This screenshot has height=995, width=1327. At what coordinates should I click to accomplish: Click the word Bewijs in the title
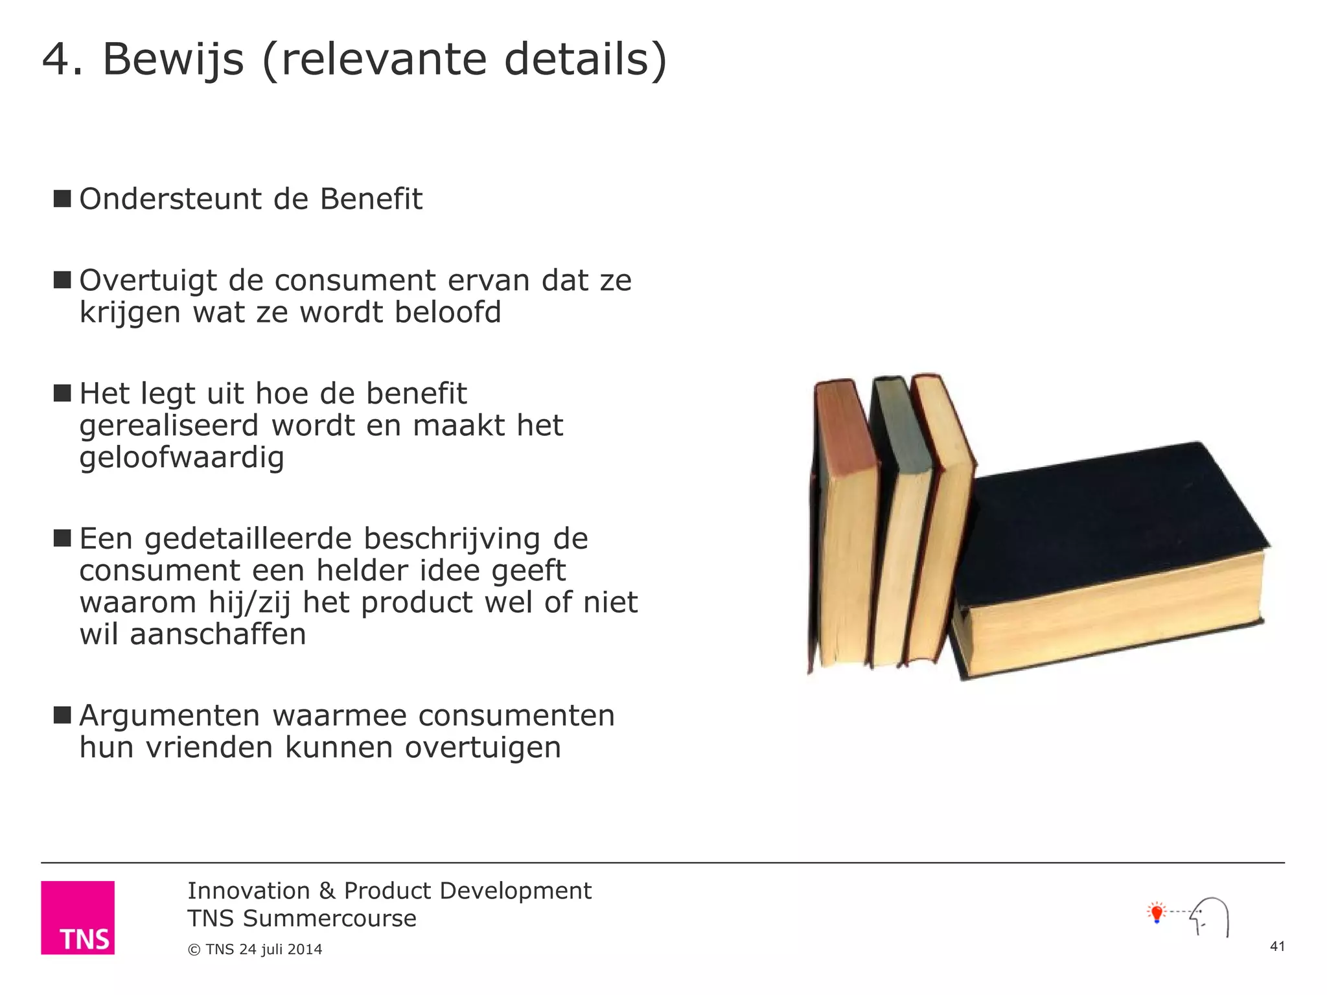click(x=173, y=60)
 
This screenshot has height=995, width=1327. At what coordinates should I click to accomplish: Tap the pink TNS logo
click(x=78, y=917)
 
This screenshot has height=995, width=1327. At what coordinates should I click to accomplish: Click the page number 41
click(x=1277, y=946)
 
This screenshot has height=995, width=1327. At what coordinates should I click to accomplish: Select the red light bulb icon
click(x=1157, y=913)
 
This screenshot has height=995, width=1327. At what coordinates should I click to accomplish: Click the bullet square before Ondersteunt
click(x=62, y=198)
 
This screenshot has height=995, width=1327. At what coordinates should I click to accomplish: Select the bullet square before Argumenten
click(x=62, y=715)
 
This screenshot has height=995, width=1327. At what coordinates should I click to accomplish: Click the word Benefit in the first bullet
click(x=371, y=199)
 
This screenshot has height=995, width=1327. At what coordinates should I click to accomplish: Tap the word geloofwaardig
click(x=182, y=458)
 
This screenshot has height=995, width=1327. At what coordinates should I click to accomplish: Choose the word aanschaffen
click(x=218, y=634)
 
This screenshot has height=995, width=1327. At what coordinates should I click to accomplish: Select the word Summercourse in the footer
click(x=330, y=919)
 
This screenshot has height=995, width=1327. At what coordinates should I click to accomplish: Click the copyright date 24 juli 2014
click(x=281, y=950)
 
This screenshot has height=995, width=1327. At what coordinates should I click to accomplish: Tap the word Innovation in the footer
click(x=249, y=891)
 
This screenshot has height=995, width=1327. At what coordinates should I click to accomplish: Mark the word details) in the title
click(x=585, y=60)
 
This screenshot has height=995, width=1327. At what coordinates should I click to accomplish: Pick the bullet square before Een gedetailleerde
click(x=62, y=538)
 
